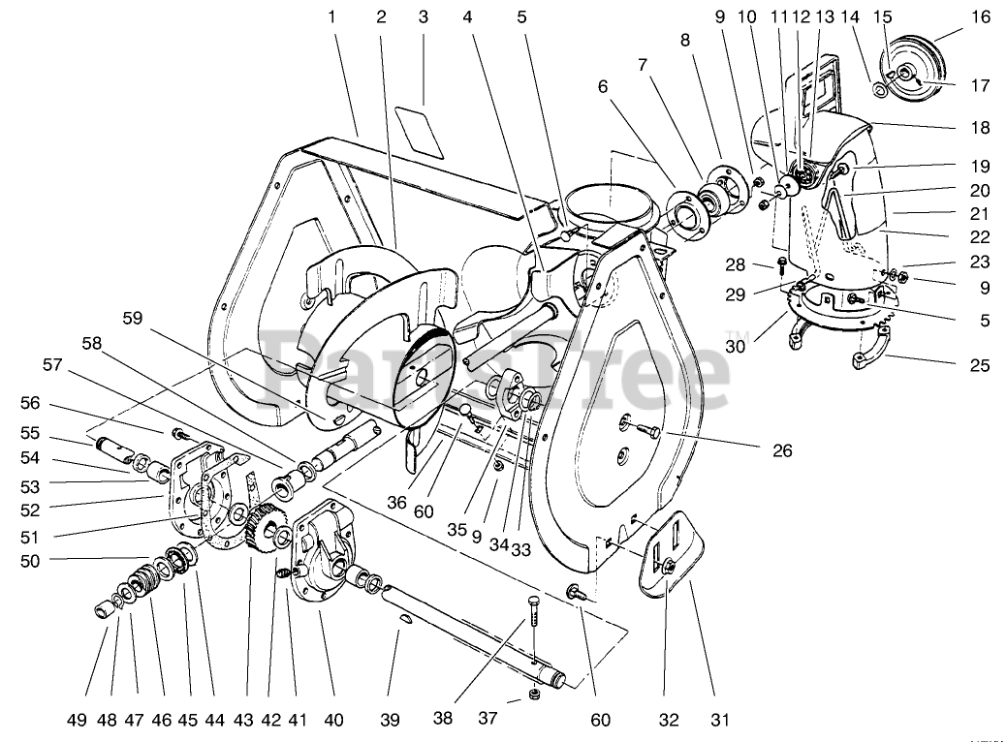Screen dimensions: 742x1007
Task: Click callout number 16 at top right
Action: [x=981, y=16]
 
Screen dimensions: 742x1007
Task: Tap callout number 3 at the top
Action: [x=423, y=16]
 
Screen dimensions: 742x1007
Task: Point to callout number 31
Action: [x=719, y=719]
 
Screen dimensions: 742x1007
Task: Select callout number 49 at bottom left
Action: [x=78, y=719]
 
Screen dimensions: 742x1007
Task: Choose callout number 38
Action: [x=443, y=719]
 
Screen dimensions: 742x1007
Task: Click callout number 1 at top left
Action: [x=331, y=16]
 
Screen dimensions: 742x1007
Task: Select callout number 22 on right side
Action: [x=981, y=235]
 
